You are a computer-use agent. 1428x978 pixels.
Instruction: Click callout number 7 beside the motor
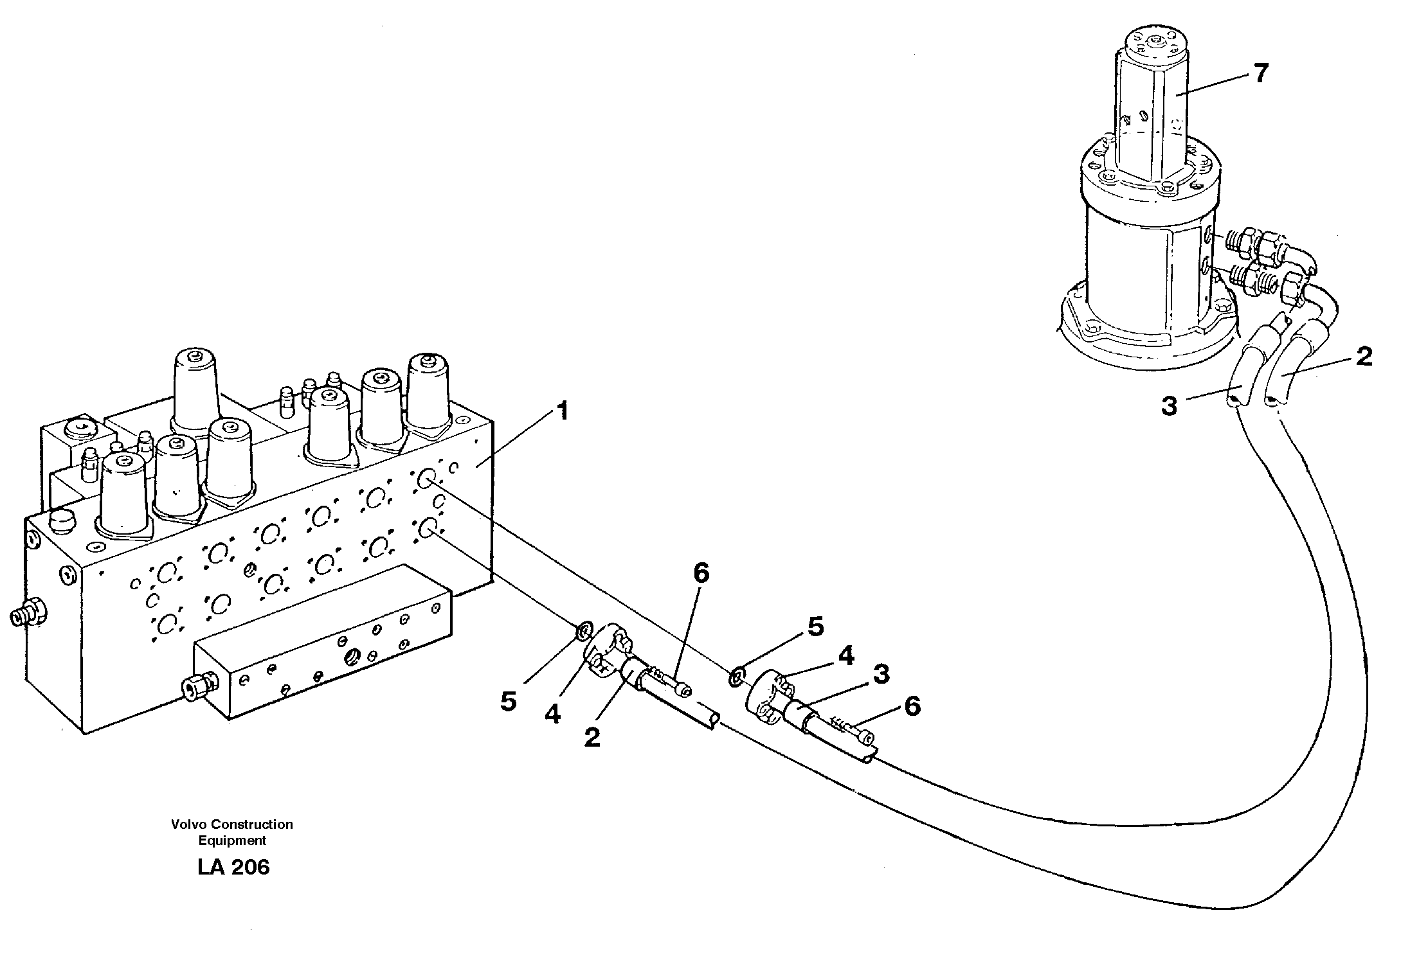[x=1260, y=73]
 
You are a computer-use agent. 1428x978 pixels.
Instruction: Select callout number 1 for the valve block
[x=562, y=411]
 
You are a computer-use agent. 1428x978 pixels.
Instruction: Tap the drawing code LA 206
[x=233, y=867]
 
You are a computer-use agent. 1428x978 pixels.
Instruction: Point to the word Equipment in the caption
[x=232, y=840]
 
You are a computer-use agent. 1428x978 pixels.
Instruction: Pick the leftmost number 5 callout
[x=509, y=702]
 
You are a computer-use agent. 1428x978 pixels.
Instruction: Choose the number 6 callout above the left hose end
[x=700, y=573]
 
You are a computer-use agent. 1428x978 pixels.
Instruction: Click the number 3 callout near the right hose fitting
[x=880, y=674]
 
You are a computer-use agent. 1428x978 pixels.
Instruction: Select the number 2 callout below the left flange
[x=592, y=738]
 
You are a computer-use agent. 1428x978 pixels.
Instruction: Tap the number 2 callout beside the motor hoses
[x=1363, y=357]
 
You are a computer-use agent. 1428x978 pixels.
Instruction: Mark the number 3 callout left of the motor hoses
[x=1168, y=406]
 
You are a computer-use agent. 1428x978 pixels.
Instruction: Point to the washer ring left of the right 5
[x=737, y=676]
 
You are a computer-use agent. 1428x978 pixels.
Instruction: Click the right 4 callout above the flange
[x=845, y=656]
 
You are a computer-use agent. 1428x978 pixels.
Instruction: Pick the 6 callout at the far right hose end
[x=912, y=706]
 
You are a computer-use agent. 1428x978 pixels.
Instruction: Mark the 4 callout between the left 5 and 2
[x=552, y=714]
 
